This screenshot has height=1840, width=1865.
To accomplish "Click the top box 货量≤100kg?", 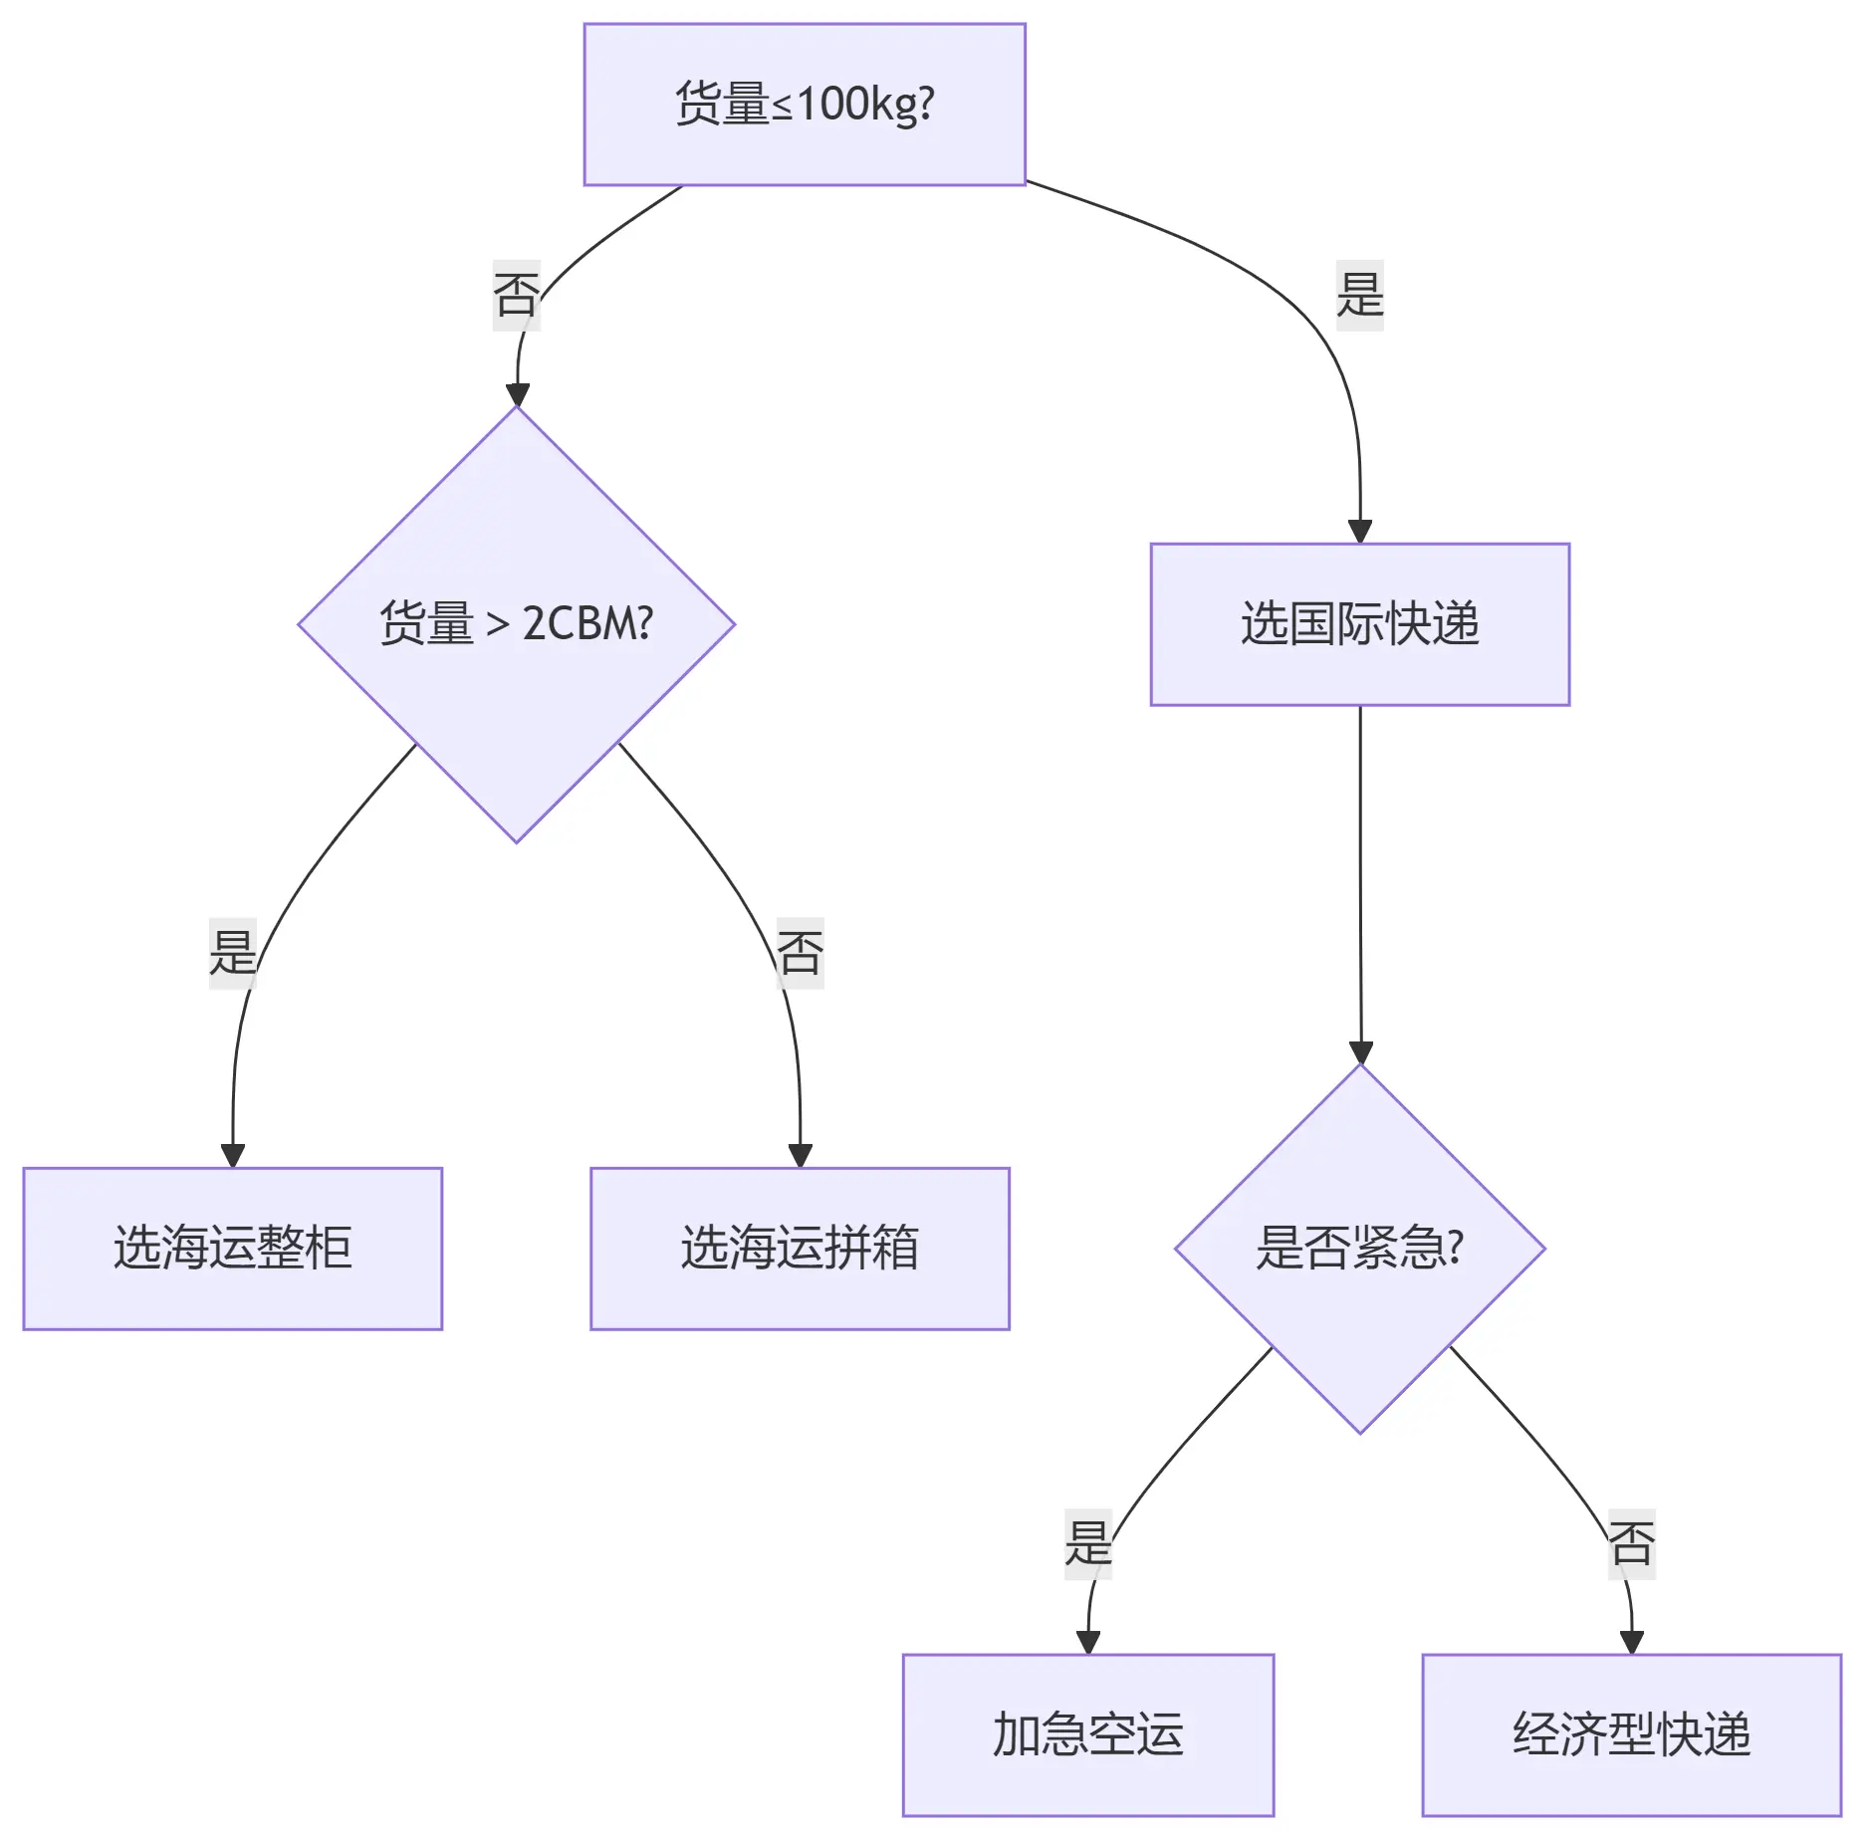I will click(804, 105).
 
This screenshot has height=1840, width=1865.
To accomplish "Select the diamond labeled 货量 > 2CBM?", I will click(516, 624).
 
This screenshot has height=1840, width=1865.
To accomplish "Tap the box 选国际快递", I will click(1359, 624).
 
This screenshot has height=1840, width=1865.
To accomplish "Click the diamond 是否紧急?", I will click(1359, 1248).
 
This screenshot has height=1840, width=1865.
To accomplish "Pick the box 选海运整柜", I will click(232, 1248).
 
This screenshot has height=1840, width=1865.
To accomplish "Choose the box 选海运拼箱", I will click(800, 1248).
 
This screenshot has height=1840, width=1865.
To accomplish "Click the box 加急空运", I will click(1087, 1734).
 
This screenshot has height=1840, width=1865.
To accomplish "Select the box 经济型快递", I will click(1631, 1734).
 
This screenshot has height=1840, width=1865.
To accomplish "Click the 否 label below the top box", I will click(516, 295).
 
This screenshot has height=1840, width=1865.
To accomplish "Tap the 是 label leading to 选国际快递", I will click(1359, 295).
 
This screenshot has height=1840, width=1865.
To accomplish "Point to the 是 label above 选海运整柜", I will click(232, 953).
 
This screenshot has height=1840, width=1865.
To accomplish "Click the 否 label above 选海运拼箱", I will click(800, 953).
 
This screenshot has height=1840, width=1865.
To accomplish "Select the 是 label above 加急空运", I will click(1087, 1543).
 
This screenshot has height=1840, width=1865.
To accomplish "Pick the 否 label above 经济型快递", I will click(1631, 1543).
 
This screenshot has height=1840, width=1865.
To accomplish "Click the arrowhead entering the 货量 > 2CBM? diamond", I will click(517, 394).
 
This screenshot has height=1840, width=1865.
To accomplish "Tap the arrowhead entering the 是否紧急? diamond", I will click(1360, 1052).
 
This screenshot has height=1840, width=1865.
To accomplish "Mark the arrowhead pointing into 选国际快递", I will click(1359, 532).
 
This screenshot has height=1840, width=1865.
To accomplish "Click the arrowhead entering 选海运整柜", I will click(232, 1155).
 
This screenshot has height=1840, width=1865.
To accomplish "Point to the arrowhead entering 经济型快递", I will click(1631, 1642).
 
